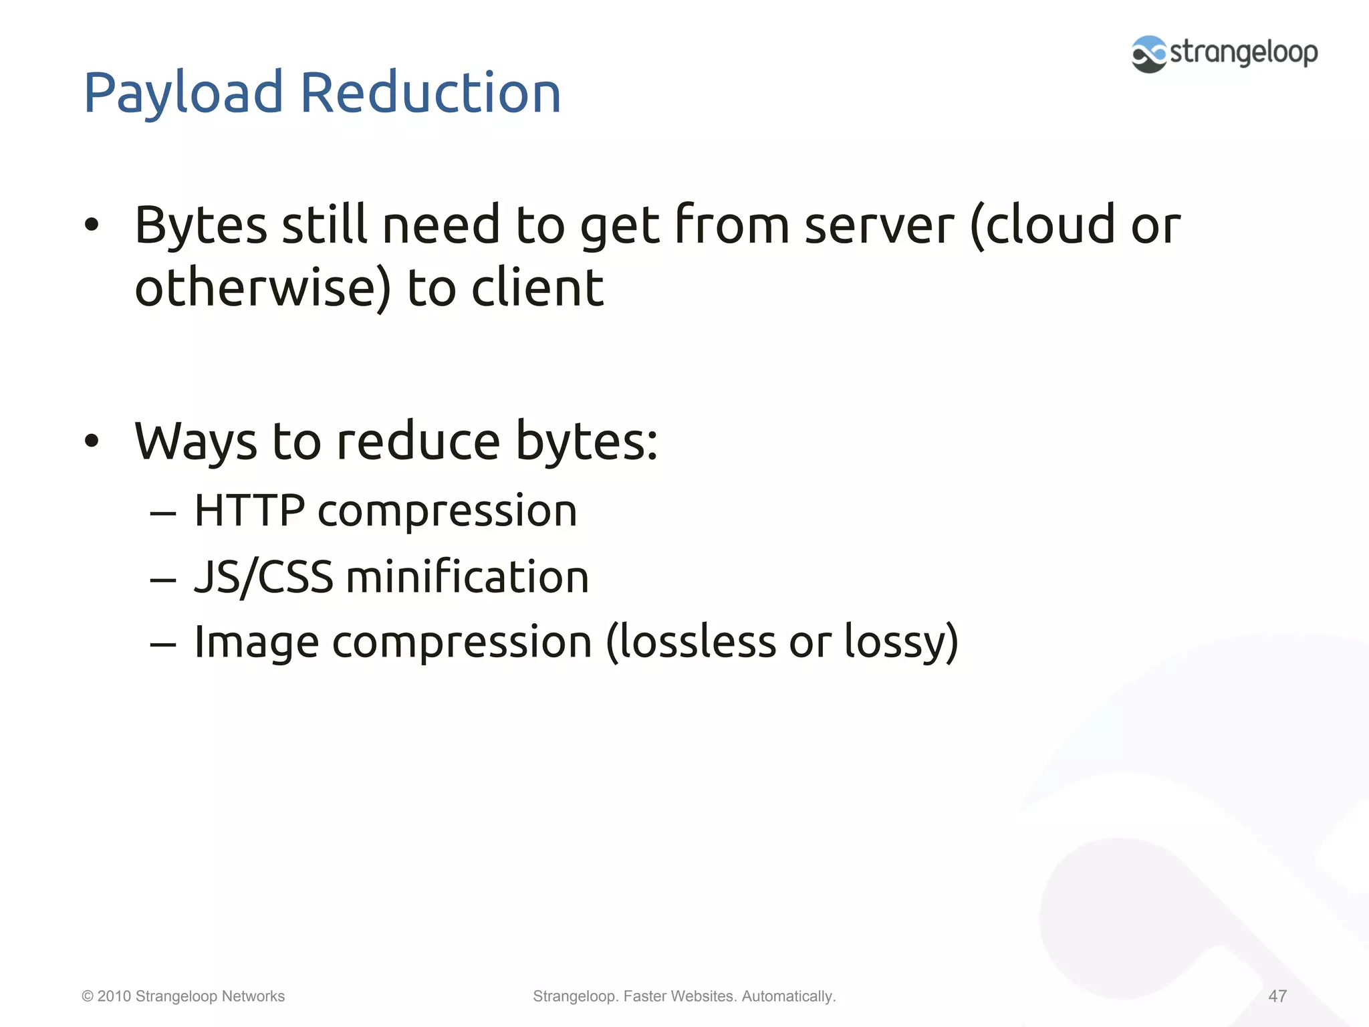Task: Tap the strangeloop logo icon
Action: (1148, 54)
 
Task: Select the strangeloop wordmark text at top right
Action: (1243, 52)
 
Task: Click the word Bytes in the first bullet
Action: (201, 225)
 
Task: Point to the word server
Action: (879, 225)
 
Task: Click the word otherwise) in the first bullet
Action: (263, 288)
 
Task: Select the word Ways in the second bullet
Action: (195, 442)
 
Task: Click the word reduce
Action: (418, 442)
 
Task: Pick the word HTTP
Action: (249, 511)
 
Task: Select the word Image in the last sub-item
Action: (256, 643)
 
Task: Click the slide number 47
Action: (1277, 996)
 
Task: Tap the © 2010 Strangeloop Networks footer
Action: (183, 996)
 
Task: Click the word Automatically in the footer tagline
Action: (788, 996)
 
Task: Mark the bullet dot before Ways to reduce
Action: (92, 441)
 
